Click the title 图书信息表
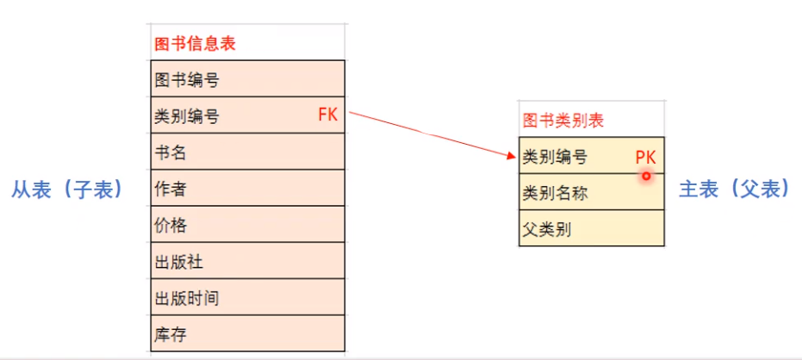coord(195,43)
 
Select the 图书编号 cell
coord(186,80)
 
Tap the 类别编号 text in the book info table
coord(186,116)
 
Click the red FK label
coord(327,115)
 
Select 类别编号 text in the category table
coord(555,157)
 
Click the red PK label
coord(646,157)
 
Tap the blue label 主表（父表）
coord(735,189)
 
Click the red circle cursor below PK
coord(644,176)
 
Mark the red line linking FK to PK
coord(431,133)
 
